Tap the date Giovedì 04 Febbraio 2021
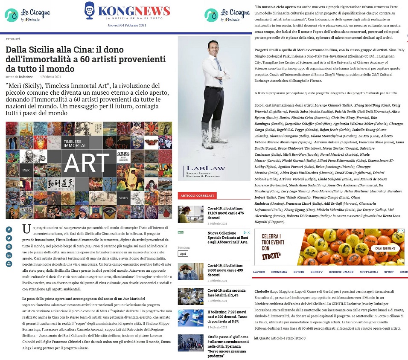coord(127,26)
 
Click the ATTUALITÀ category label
coord(13,39)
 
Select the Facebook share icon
coord(9,229)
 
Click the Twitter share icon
coord(9,238)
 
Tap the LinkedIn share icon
coord(9,255)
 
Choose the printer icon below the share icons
coord(9,264)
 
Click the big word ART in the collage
coord(86,163)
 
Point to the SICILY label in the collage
coord(124,198)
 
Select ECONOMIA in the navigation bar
coord(279,272)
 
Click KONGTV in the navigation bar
coord(317,272)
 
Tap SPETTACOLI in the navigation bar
coord(369,272)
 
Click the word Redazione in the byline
coord(26,77)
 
